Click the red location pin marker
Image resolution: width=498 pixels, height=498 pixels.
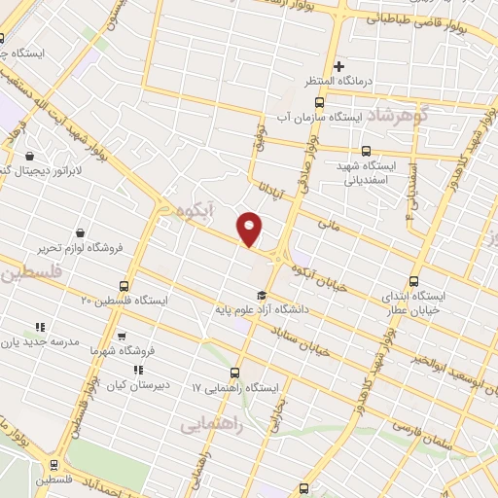[x=250, y=228]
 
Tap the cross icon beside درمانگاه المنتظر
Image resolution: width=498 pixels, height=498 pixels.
[x=339, y=67]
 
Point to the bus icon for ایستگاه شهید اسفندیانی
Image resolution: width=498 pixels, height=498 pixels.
[x=366, y=151]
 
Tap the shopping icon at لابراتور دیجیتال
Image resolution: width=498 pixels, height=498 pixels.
[x=30, y=156]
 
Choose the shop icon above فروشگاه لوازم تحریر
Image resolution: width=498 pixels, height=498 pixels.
[x=79, y=233]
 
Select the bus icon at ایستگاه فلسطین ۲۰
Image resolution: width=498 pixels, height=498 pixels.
[x=124, y=286]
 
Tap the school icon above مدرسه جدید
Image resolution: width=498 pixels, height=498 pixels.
[x=40, y=328]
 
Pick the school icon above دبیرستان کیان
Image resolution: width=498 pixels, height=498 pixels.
[x=139, y=370]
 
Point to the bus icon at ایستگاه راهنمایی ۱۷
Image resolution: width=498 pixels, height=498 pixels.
[x=234, y=373]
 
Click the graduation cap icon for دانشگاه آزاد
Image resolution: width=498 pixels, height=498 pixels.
[x=261, y=295]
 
